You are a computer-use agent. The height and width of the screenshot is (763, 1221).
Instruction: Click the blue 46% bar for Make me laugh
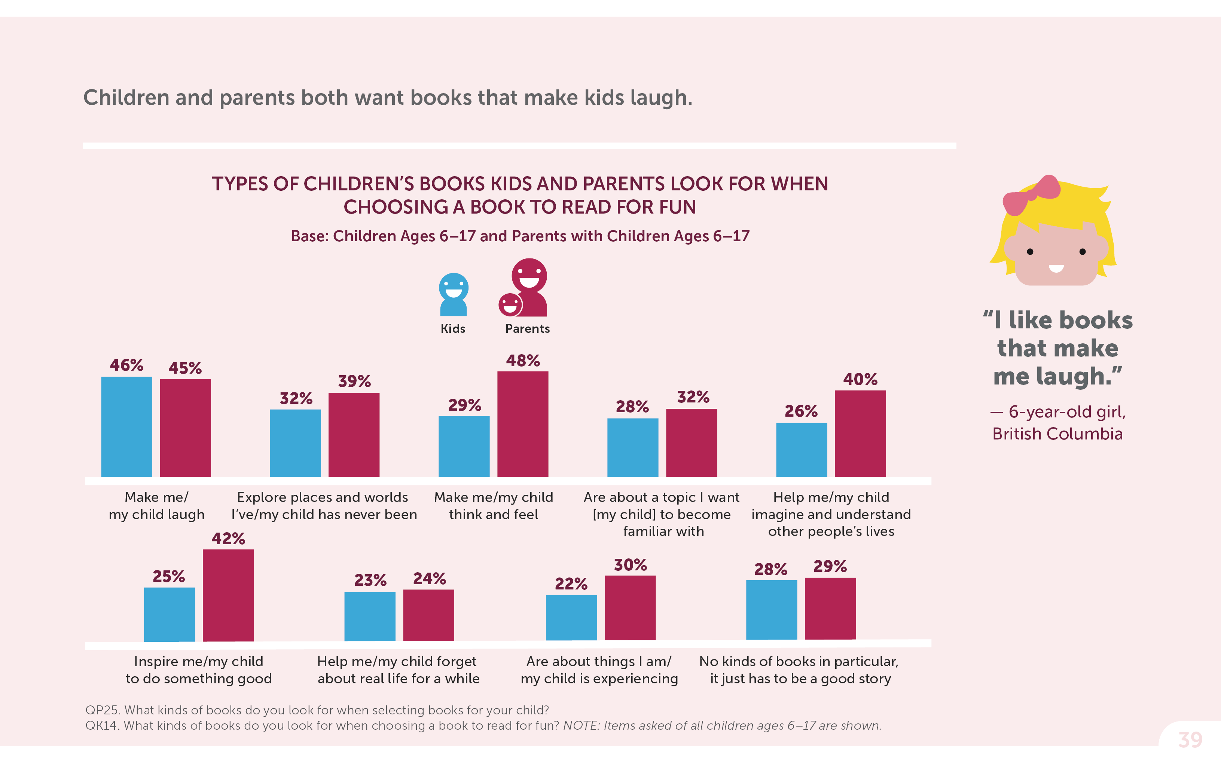point(127,426)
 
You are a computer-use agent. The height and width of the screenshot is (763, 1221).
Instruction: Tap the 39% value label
point(354,381)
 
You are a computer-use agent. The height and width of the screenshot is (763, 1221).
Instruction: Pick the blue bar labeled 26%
point(802,450)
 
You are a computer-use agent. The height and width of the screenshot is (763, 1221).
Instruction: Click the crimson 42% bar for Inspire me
point(228,595)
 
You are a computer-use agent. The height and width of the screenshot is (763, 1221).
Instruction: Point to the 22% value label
point(571,584)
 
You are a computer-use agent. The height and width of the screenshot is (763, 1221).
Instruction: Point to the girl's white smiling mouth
point(1056,268)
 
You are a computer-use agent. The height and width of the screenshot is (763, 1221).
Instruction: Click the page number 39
point(1190,740)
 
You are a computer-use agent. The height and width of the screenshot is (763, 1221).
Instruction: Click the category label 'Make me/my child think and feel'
point(494,506)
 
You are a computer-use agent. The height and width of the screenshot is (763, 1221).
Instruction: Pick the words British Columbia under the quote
point(1057,434)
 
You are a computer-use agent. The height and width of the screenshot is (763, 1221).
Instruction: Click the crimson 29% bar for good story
point(830,609)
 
